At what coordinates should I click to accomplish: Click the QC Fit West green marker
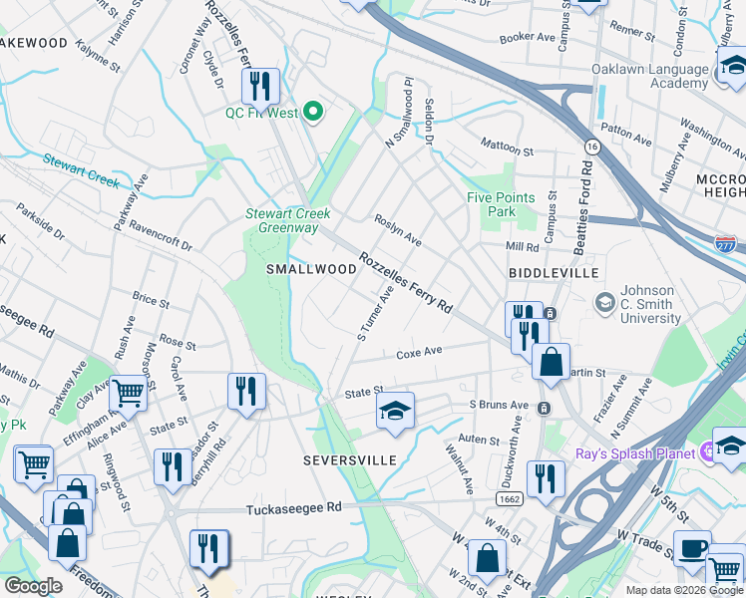click(315, 113)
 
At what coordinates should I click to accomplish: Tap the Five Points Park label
click(501, 204)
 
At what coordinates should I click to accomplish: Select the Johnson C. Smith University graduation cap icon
click(604, 301)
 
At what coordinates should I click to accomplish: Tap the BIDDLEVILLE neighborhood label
click(554, 272)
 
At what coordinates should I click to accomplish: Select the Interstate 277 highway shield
click(725, 243)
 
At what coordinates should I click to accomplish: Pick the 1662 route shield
click(509, 497)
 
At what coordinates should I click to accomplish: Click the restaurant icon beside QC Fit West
click(261, 87)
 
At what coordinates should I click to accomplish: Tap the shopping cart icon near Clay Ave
click(129, 394)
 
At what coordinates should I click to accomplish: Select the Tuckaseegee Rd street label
click(294, 507)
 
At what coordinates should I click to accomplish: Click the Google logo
click(34, 586)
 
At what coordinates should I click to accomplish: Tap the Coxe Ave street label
click(419, 352)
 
